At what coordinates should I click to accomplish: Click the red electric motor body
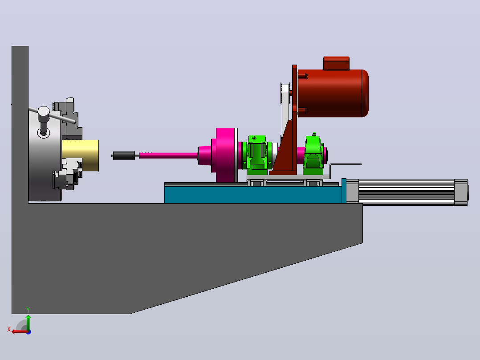(333, 93)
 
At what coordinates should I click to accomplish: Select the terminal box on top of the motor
(336, 63)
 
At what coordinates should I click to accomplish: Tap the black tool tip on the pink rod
(124, 155)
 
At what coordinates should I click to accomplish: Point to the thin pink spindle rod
(168, 155)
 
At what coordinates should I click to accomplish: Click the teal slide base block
(253, 195)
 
